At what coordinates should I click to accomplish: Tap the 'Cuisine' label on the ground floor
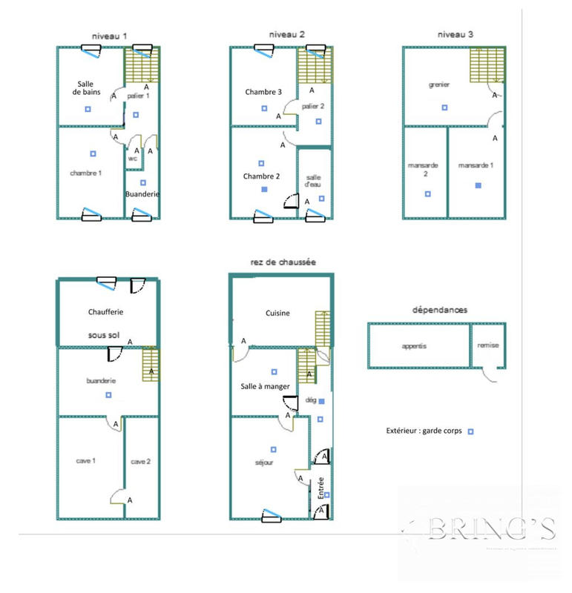coord(278,313)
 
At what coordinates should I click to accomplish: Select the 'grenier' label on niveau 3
coord(439,85)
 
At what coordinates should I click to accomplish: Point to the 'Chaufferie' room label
coord(105,311)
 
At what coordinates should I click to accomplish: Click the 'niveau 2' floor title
coord(287,34)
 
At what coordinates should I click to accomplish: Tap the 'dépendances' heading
coord(435,310)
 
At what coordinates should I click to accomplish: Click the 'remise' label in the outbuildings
coord(487,345)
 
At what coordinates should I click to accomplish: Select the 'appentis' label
coord(414,345)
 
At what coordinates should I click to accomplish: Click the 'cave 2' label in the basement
coord(141,461)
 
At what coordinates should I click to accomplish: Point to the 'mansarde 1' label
coord(476,165)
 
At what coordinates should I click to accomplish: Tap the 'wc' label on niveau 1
coord(132,158)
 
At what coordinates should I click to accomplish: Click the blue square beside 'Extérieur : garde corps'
coord(470,431)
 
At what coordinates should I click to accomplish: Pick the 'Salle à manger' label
coord(266,386)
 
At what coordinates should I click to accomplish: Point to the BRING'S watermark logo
coord(482,529)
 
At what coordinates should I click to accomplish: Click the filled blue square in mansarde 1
coord(479,185)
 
